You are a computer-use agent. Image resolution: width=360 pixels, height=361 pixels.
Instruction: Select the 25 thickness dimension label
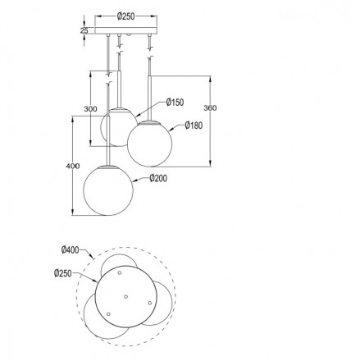84,31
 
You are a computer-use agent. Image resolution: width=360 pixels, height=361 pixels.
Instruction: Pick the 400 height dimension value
73,167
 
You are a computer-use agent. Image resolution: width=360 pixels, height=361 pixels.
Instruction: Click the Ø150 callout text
174,103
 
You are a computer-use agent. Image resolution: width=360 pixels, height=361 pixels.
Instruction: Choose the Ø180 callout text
193,126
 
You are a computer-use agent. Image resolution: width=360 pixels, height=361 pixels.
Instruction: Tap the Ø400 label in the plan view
70,249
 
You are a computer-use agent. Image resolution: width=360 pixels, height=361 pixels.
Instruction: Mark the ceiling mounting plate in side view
125,32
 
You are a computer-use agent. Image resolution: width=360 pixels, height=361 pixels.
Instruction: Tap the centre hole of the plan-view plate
125,295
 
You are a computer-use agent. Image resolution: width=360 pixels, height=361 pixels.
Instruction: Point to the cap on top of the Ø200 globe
110,163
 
